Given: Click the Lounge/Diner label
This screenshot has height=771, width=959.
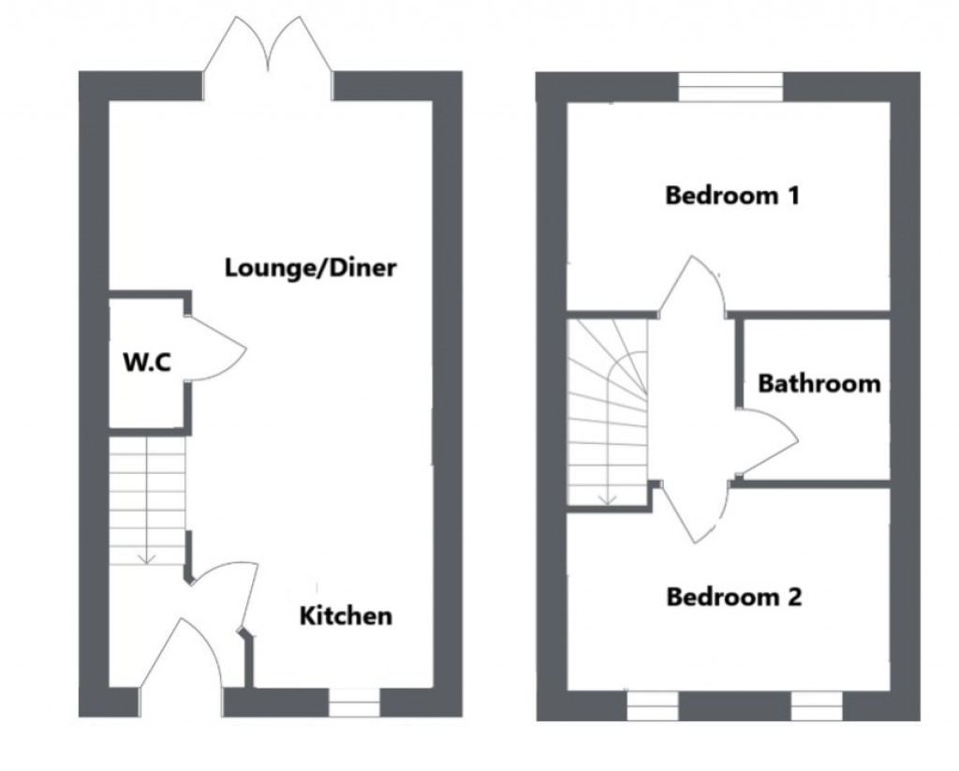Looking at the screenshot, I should click(311, 268).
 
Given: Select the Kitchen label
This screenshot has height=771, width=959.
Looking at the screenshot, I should click(346, 616).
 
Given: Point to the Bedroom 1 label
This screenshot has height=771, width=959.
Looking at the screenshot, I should click(731, 196).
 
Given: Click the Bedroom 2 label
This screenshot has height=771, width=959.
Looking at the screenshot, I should click(733, 597).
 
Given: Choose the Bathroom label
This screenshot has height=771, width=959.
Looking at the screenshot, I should click(819, 383).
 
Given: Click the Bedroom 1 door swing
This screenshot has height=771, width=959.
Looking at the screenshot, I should click(692, 286).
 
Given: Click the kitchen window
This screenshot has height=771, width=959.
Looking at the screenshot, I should click(355, 703).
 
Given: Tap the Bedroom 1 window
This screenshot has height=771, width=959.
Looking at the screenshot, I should click(730, 87).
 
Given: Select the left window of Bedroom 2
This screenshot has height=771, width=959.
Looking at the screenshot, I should click(652, 706).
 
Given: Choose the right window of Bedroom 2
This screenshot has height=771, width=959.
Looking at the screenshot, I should click(816, 706).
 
